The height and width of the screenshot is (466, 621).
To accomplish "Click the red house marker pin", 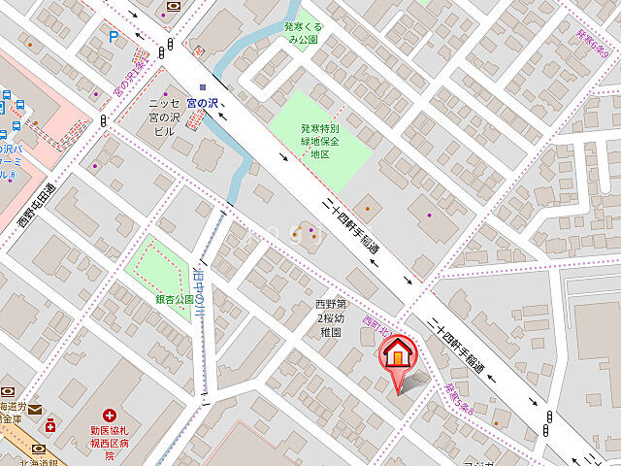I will click(x=396, y=356).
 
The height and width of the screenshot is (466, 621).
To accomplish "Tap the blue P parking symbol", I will click(x=114, y=38).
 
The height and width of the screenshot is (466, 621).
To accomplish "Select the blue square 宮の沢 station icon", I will click(x=203, y=87).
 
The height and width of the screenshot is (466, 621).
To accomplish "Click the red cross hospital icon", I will click(x=110, y=415).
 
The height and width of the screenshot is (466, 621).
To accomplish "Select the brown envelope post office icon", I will click(x=35, y=410).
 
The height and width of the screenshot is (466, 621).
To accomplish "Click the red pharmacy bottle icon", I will click(x=49, y=424).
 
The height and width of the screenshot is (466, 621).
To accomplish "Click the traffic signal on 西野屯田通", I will click(x=103, y=120).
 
